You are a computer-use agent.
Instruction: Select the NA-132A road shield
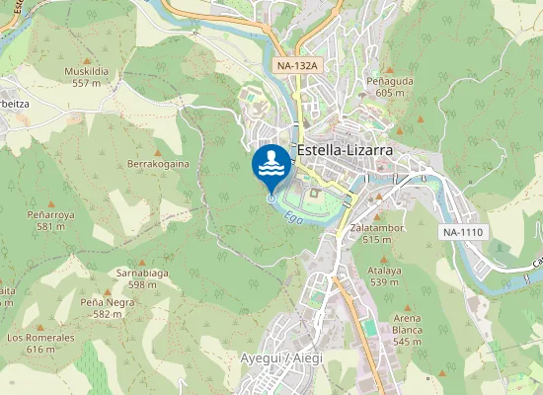[x=296, y=66]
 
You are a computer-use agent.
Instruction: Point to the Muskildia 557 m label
[x=86, y=77]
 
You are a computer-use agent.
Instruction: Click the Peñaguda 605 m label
[x=385, y=85]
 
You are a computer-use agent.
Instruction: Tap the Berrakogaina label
[x=158, y=164]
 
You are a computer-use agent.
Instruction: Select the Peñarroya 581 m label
[x=50, y=219]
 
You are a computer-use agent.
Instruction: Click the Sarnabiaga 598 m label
[x=136, y=277]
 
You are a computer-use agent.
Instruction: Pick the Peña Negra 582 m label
[x=107, y=307]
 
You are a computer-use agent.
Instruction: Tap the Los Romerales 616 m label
[x=40, y=343]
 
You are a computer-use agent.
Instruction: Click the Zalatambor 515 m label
[x=377, y=233]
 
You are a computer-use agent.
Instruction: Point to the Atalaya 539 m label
[x=384, y=276]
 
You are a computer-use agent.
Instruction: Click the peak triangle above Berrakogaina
[x=156, y=146]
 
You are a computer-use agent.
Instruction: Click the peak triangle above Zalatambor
[x=377, y=213]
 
